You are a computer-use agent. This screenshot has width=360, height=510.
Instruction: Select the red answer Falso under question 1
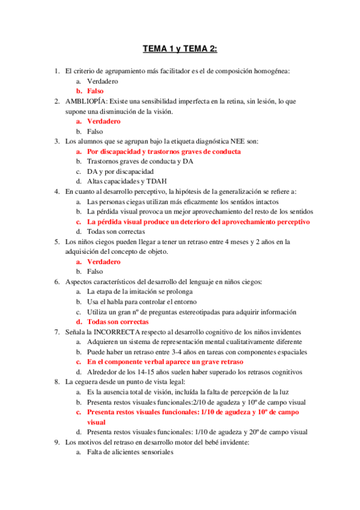(x=95, y=91)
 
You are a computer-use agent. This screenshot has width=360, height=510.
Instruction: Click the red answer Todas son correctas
(x=118, y=322)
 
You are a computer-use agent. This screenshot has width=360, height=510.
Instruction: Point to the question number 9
(x=57, y=443)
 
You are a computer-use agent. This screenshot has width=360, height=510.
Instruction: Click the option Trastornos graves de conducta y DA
(x=138, y=161)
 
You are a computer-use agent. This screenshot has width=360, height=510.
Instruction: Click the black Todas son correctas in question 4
(x=115, y=232)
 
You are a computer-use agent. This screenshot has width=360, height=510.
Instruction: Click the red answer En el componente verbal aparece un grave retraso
(x=165, y=362)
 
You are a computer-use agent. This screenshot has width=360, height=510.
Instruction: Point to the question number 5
(x=57, y=242)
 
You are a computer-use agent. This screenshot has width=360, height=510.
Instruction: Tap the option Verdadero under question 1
(x=103, y=81)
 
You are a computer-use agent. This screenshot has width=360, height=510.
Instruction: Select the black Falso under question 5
(x=95, y=272)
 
